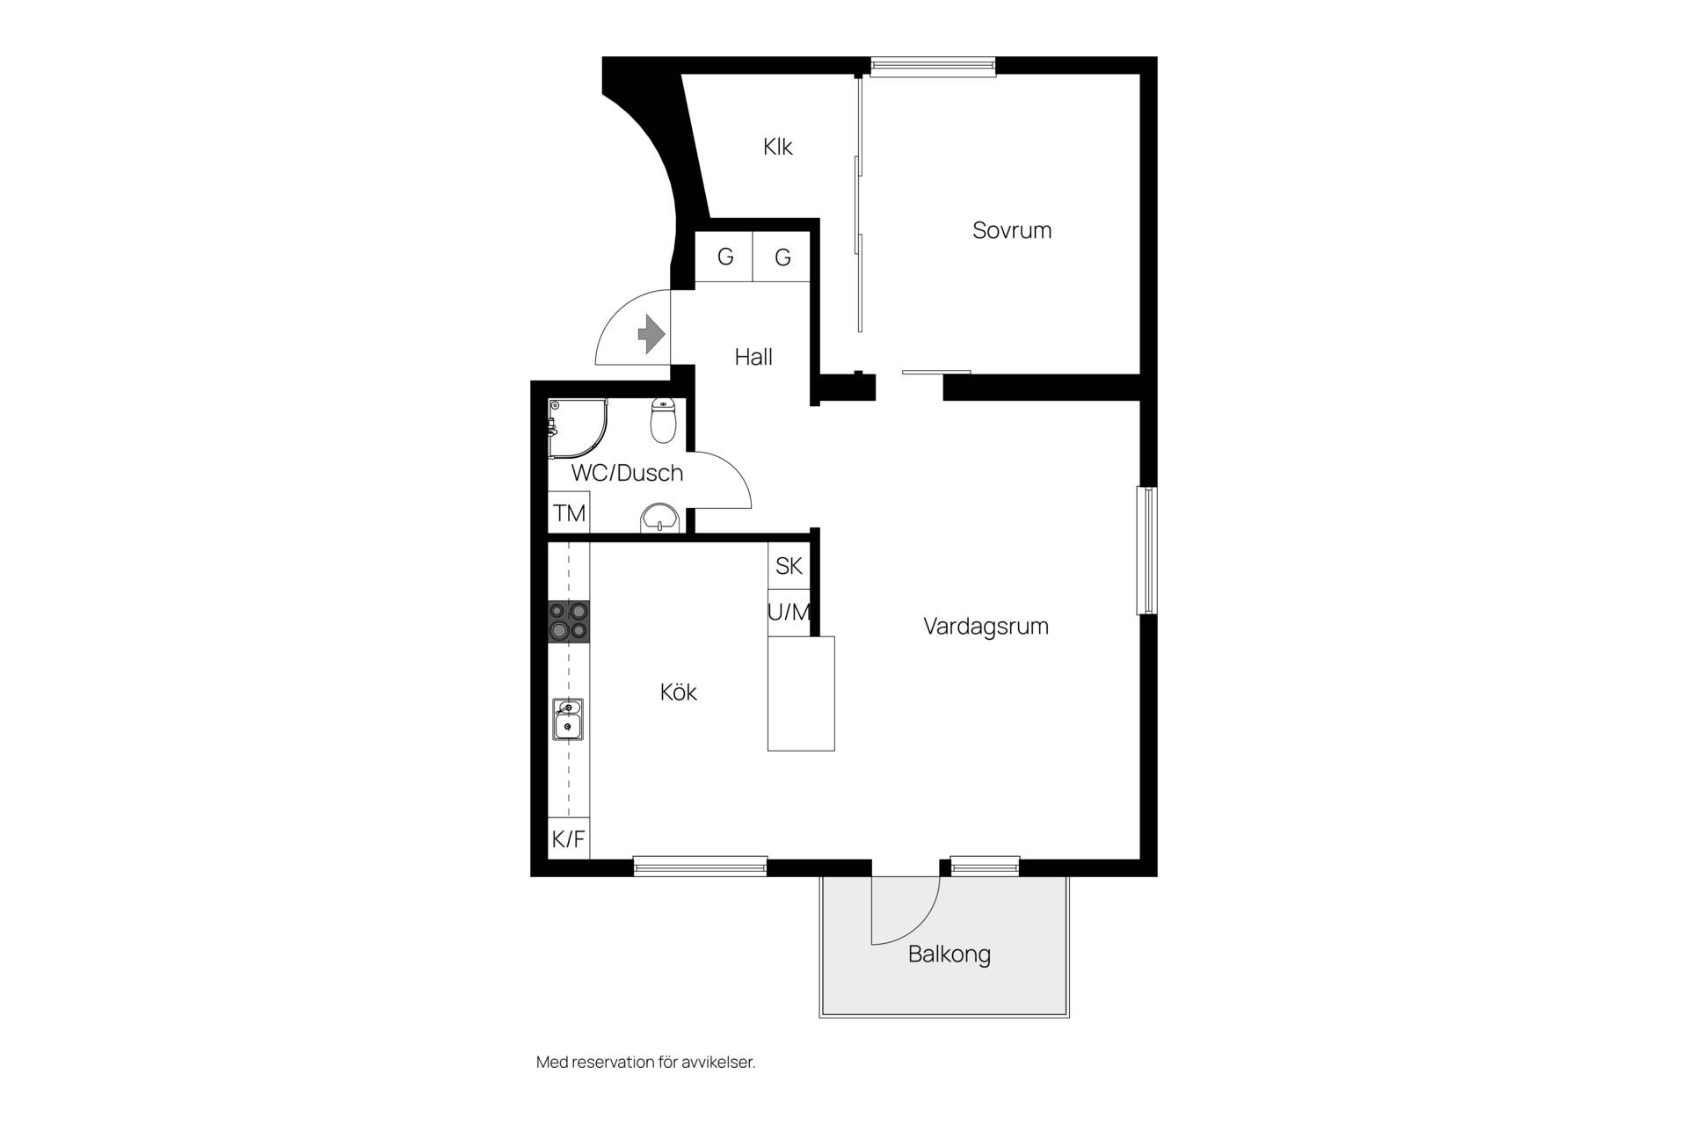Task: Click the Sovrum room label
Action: click(1012, 230)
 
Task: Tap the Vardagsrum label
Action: click(986, 627)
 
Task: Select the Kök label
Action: click(679, 692)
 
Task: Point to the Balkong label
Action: click(949, 954)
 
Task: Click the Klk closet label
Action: click(778, 146)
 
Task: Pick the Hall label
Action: click(753, 357)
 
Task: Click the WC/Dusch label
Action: click(627, 473)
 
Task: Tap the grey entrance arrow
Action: click(651, 334)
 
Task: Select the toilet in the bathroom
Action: click(663, 420)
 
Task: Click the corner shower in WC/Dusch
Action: click(578, 429)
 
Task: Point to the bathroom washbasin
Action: click(660, 518)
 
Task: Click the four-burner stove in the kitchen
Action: click(569, 621)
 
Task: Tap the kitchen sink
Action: click(568, 719)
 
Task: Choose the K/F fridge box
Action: click(569, 838)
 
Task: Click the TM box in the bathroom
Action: click(569, 512)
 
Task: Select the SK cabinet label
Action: click(789, 566)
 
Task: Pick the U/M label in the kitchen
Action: click(789, 613)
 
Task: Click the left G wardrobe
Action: click(724, 257)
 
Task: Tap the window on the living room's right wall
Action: click(1147, 550)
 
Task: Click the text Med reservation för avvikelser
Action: click(646, 1062)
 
